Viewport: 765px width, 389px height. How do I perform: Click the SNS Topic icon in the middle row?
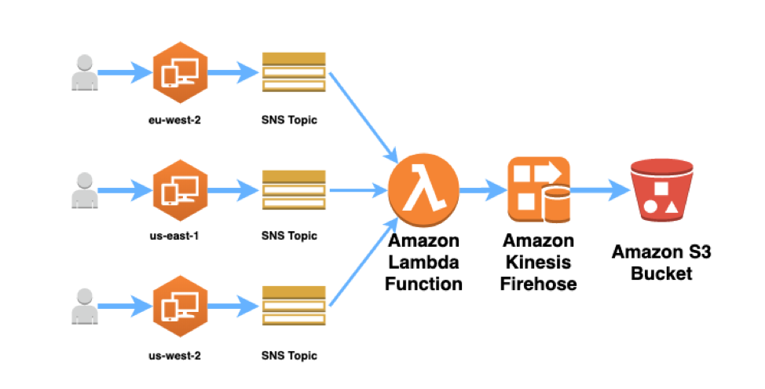tap(293, 189)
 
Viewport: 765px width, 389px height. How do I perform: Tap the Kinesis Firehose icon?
tap(538, 189)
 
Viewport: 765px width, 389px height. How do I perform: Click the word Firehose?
tap(538, 283)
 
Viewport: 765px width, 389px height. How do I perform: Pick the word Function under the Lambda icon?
tap(423, 283)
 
